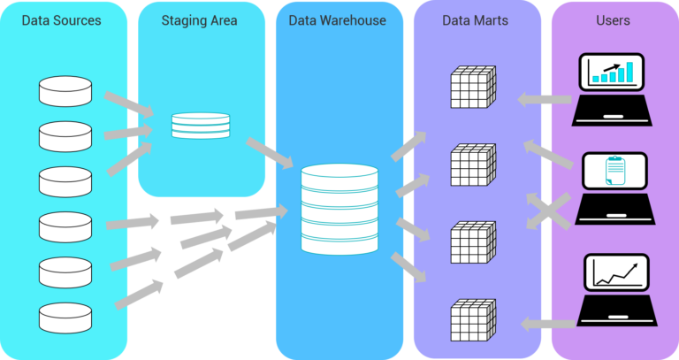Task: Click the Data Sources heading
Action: tap(61, 19)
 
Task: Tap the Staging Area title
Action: tap(200, 19)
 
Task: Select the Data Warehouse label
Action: tap(338, 19)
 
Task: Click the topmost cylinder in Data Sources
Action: tap(65, 90)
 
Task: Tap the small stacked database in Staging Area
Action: tap(198, 125)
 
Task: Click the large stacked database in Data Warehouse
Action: tap(339, 206)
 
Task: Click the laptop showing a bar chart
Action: tap(613, 88)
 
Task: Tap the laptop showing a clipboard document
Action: tap(613, 187)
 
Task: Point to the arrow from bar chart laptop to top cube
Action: tap(542, 99)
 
